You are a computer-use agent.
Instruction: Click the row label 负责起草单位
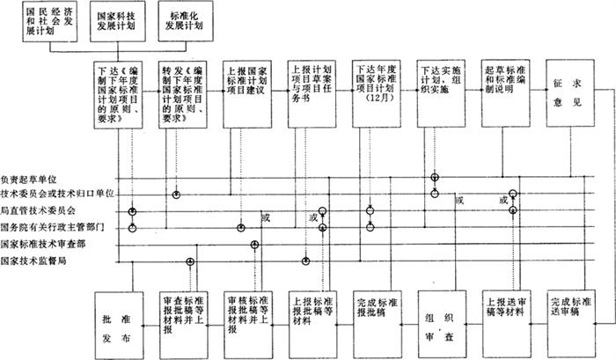[x=33, y=177]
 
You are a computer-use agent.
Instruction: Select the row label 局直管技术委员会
[x=38, y=211]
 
